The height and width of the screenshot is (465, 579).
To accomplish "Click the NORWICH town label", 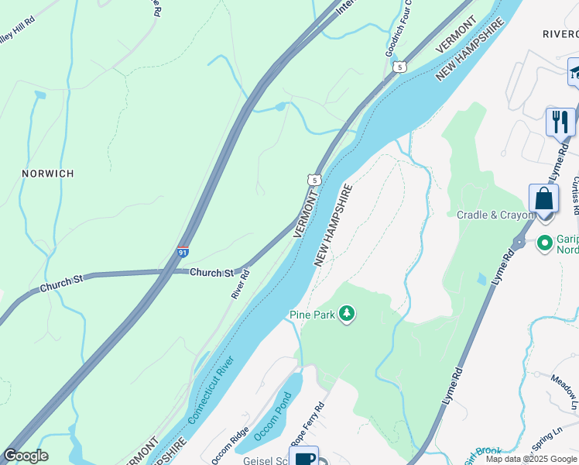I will pos(48,174).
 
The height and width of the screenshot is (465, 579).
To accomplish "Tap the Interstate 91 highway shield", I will pos(183,252).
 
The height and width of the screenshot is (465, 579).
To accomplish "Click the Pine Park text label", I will pos(311,315).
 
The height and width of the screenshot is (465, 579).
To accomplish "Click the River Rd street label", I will pos(241,284).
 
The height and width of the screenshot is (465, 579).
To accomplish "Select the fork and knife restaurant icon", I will pos(560,122).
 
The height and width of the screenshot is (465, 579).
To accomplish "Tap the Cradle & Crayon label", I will pos(495,215).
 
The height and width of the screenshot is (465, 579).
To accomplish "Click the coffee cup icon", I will pos(304,457).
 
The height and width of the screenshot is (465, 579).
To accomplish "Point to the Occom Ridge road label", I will pos(230,445).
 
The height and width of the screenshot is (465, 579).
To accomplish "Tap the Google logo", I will pos(26,456).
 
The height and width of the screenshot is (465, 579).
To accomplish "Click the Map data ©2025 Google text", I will pos(530,459).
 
